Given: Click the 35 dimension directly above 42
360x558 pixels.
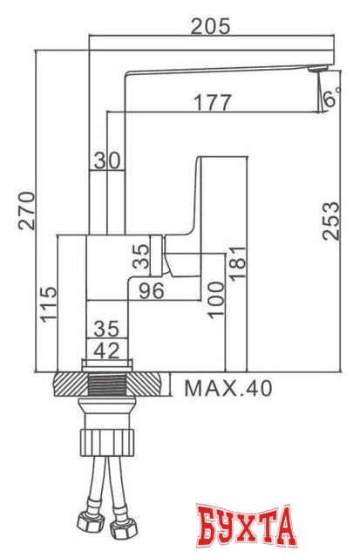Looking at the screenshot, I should click(x=106, y=330).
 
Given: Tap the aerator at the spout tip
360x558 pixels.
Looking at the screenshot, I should click(x=318, y=69).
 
